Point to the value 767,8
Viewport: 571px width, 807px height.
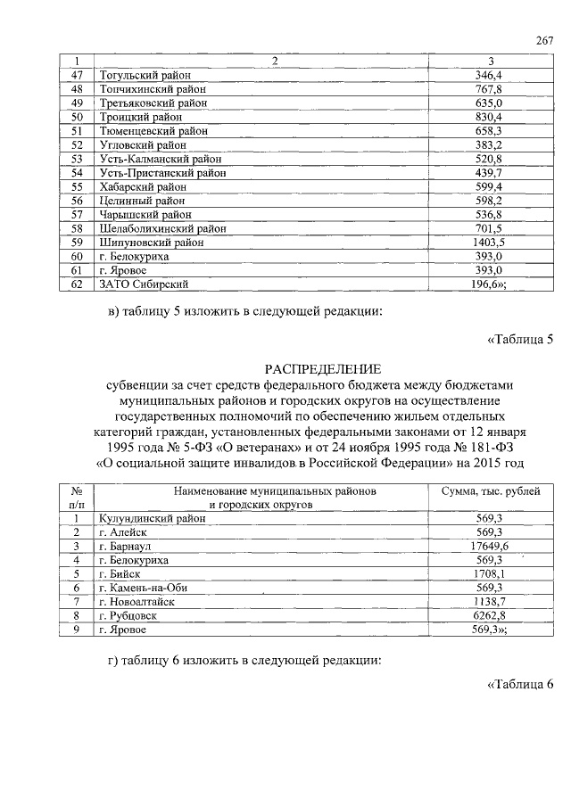coord(489,90)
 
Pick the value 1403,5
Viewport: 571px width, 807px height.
coord(489,242)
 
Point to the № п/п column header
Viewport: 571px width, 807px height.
coord(77,498)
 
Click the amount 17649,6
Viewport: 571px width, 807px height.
coord(489,546)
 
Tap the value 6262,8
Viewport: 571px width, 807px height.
coord(489,615)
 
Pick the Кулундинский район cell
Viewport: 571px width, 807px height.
coord(150,518)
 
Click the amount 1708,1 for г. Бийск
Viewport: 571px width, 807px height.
coord(489,573)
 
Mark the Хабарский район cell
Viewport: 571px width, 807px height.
coord(143,186)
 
